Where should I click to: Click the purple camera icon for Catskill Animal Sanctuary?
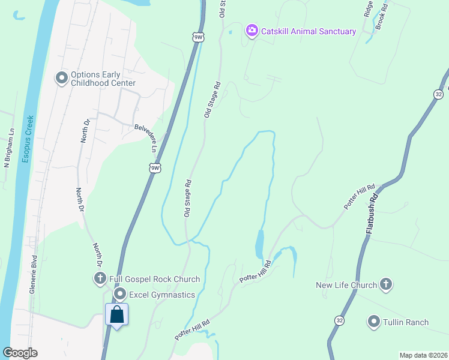(x=252, y=30)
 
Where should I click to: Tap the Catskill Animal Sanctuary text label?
(x=309, y=31)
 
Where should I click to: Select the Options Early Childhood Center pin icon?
(x=61, y=79)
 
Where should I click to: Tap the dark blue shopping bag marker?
(x=117, y=314)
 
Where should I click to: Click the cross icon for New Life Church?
(x=385, y=285)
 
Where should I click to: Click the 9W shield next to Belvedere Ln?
(x=155, y=167)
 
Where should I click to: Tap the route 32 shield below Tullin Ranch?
(x=340, y=320)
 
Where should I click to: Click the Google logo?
(x=20, y=353)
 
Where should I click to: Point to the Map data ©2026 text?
(x=423, y=355)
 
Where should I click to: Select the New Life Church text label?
(x=346, y=285)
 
